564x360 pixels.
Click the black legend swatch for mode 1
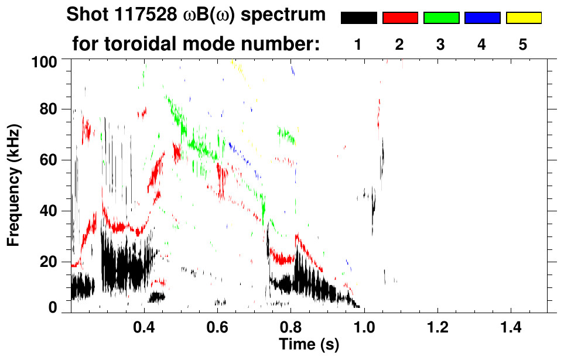[x=358, y=18]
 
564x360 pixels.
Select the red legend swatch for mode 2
[x=400, y=18]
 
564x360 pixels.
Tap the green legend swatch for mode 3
[x=441, y=18]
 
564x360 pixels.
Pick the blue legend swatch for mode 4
[x=482, y=18]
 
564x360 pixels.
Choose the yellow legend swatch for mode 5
[x=524, y=18]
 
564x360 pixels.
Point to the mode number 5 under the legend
[x=523, y=44]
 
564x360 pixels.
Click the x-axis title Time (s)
[x=309, y=345]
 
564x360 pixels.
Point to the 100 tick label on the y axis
[x=52, y=61]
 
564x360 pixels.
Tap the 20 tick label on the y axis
[x=56, y=262]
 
